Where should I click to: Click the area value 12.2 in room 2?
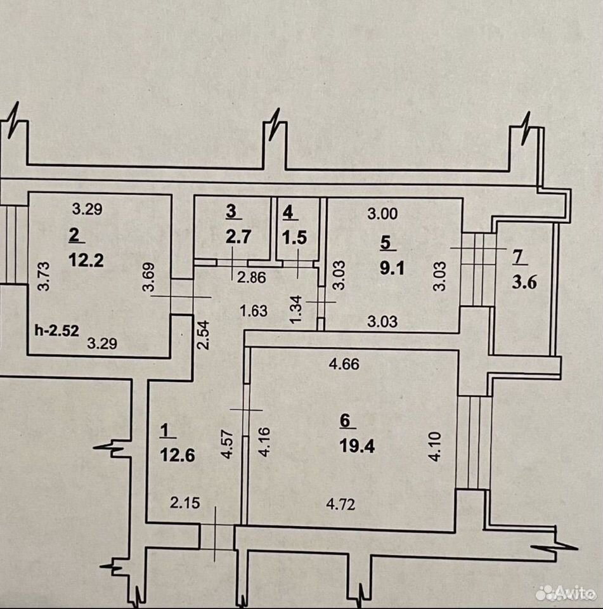pos(86,259)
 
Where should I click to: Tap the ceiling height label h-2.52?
pos(56,330)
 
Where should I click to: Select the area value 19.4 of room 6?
pos(357,446)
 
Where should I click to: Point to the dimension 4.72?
pos(340,504)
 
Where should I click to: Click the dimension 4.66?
pos(344,364)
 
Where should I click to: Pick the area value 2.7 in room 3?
pos(238,237)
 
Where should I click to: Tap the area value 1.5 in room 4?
pos(295,237)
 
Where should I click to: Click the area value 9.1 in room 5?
pos(392,268)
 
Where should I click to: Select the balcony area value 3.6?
pos(524,282)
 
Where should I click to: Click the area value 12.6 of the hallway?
pos(178,455)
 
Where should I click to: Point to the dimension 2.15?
pos(185,503)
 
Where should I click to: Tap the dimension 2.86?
pos(252,278)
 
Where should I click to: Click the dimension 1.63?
pos(254,311)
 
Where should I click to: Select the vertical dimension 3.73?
pos(44,276)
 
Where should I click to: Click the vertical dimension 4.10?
pos(435,446)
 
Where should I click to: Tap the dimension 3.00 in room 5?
pos(382,214)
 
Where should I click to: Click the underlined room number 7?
pos(519,258)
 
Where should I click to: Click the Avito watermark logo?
pos(566,593)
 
